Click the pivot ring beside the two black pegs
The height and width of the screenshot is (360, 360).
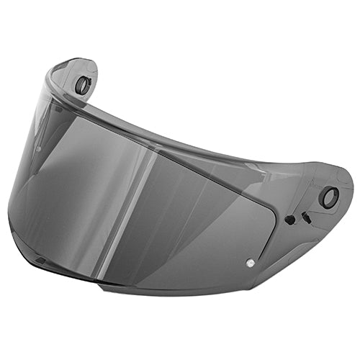329,197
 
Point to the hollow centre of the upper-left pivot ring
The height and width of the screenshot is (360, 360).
83,85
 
